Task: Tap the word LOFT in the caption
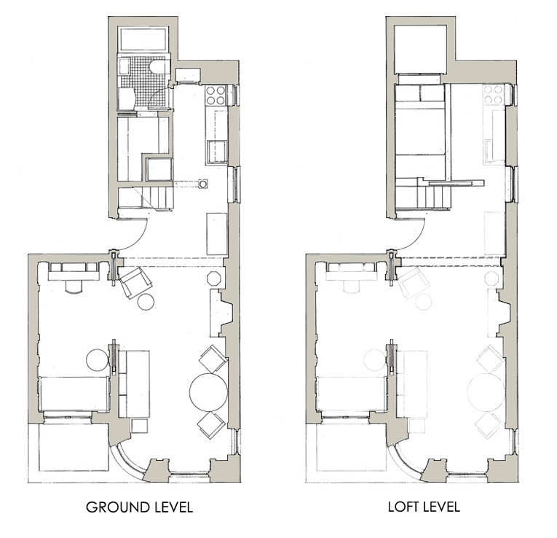(403, 507)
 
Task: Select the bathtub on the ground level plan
(143, 39)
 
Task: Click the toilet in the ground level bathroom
(157, 67)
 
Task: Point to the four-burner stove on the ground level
(216, 95)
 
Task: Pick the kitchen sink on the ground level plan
(217, 152)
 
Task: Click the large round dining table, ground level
(208, 392)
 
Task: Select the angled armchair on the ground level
(135, 283)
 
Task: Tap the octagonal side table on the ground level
(214, 278)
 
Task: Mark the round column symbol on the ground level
(203, 184)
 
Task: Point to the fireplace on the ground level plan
(221, 313)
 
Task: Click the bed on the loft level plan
(420, 131)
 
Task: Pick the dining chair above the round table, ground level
(213, 359)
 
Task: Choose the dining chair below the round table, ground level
(211, 425)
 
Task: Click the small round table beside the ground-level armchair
(146, 302)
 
